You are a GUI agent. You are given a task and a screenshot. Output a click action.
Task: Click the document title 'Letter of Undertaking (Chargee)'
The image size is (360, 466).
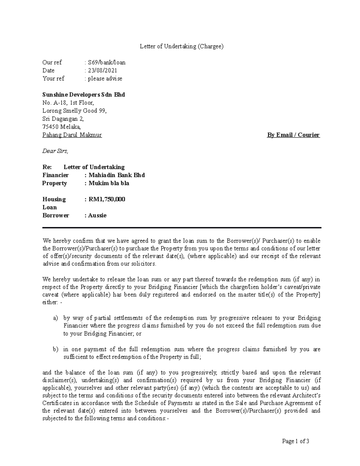pos(182,46)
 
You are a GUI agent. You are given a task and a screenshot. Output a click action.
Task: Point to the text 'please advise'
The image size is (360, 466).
pos(105,79)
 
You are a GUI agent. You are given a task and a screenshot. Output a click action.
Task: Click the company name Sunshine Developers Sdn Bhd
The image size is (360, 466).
pos(84,95)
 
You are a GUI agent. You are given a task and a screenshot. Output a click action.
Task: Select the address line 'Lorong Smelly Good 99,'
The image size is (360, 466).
pos(74,111)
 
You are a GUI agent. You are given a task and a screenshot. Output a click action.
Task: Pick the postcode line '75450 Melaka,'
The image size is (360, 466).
pos(61,127)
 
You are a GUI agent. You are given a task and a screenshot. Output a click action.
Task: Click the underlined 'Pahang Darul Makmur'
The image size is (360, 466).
pos(72,135)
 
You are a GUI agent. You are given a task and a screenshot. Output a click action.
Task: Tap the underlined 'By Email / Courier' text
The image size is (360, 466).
pos(293,135)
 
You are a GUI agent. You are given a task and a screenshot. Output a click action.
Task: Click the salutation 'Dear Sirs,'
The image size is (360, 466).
pos(55,151)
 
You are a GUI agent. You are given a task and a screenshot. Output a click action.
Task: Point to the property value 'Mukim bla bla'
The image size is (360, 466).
pos(109,183)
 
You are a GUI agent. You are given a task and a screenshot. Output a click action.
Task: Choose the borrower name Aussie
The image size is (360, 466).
pos(97,215)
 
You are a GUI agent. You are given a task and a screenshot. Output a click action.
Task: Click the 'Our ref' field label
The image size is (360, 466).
pos(52,62)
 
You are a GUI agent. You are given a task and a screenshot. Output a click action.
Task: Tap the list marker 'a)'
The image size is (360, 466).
pos(55,318)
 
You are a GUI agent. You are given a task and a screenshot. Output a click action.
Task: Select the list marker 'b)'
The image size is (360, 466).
pos(55,349)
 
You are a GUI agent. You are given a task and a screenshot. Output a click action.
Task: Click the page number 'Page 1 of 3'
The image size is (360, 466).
pos(295,441)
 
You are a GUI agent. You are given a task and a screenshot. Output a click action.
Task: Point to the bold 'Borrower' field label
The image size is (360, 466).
pos(55,215)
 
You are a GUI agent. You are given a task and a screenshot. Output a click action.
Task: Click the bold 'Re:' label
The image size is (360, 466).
pos(47,167)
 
